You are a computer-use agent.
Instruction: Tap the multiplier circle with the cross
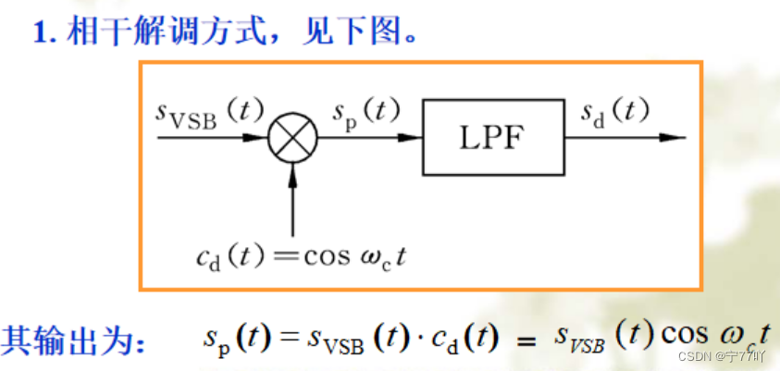click(292, 139)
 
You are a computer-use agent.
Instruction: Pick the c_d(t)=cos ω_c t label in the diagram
click(301, 255)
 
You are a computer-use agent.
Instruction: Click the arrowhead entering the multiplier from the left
click(259, 139)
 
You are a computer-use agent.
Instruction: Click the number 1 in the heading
click(40, 35)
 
